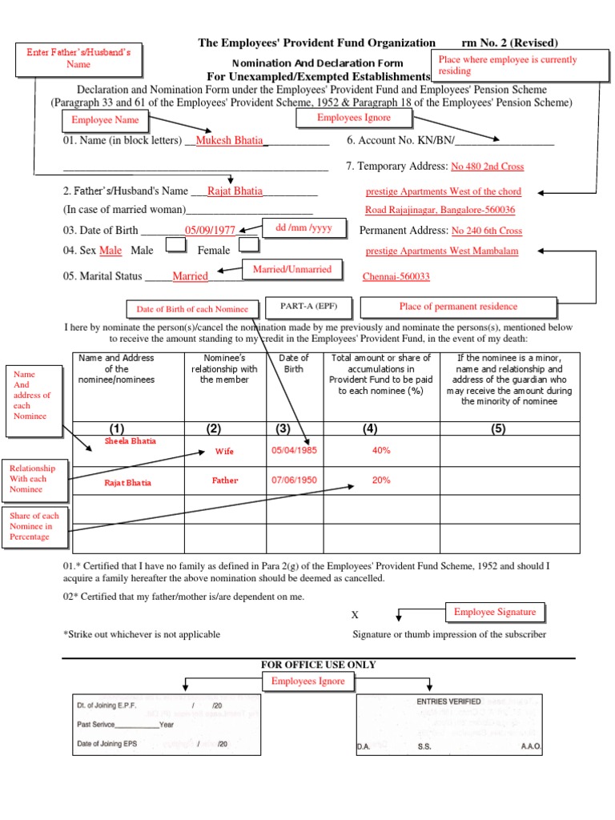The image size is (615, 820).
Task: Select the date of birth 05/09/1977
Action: point(210,230)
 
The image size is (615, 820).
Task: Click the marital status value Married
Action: point(190,276)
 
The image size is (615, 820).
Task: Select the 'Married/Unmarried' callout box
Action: point(292,270)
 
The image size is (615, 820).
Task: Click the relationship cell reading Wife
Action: point(224,452)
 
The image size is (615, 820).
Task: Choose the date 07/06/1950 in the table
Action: point(294,480)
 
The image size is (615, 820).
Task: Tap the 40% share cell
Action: point(381,451)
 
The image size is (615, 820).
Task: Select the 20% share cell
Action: point(381,480)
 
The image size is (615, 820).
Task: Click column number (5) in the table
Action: point(499,429)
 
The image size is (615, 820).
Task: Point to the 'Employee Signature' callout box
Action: point(494,613)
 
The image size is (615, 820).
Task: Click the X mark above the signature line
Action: point(355,615)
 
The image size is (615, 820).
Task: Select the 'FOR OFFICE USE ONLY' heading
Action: point(318,665)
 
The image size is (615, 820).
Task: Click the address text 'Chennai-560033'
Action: point(396,277)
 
